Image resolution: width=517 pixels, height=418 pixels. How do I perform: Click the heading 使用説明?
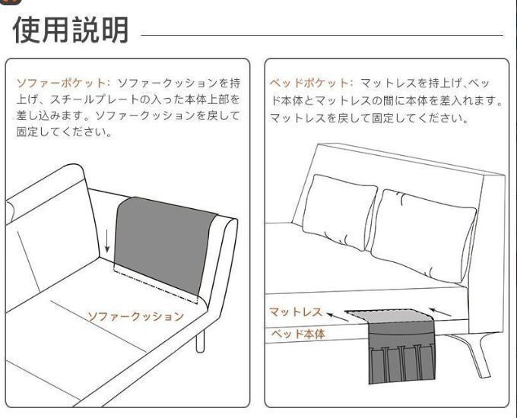tap(70, 30)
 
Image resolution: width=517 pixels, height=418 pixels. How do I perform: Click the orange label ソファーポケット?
tap(61, 83)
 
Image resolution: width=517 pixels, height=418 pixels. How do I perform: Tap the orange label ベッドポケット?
tap(309, 83)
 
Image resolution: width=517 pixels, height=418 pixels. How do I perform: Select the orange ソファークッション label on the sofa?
tap(135, 316)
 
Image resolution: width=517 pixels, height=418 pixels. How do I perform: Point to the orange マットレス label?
tap(296, 312)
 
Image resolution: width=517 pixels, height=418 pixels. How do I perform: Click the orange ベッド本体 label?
tap(298, 334)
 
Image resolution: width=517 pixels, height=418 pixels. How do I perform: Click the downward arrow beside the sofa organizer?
tap(107, 242)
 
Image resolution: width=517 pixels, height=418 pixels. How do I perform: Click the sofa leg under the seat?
tap(200, 341)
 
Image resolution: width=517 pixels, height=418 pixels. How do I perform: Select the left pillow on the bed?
tap(340, 211)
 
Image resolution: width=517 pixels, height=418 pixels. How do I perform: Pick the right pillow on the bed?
tap(424, 235)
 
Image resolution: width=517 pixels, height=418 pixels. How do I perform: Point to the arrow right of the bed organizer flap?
tap(440, 312)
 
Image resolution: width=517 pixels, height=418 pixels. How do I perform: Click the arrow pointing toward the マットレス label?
tap(338, 316)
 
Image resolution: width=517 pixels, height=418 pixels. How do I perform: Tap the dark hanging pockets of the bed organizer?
tap(401, 353)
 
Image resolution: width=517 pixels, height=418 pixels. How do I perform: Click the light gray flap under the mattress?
tap(389, 316)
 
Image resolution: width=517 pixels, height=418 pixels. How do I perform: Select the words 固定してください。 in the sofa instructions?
tap(64, 132)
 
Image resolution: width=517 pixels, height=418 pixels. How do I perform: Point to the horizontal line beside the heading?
tap(322, 35)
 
